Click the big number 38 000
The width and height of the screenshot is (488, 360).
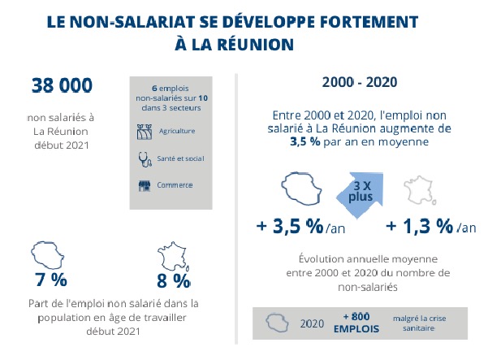62,85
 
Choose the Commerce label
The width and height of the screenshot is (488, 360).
176,185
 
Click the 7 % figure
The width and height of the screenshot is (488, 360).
50,281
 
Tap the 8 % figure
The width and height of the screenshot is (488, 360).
173,281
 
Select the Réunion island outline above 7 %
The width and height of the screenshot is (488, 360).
49,255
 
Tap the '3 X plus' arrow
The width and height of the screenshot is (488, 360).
356,192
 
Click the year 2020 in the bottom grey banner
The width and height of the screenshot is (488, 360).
312,323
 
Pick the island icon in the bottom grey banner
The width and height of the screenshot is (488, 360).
277,323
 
